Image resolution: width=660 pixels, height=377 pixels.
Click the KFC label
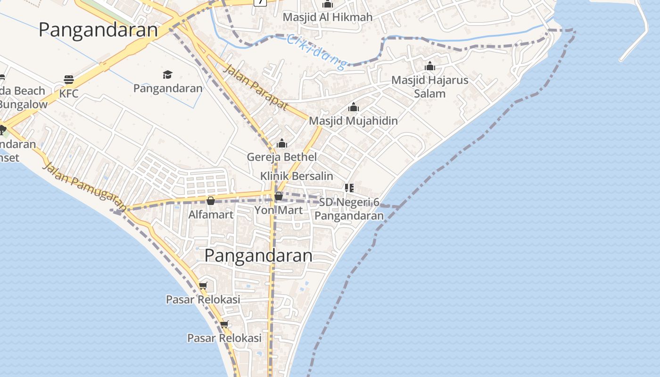tap(69, 93)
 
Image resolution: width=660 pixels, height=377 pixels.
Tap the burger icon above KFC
tap(69, 79)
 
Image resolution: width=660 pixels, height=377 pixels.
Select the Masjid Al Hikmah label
tap(328, 17)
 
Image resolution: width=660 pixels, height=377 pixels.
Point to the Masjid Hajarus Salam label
tap(430, 87)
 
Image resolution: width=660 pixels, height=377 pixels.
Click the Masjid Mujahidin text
tap(353, 121)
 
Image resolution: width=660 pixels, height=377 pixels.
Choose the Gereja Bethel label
tap(282, 157)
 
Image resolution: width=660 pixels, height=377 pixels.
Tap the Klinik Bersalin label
tap(297, 176)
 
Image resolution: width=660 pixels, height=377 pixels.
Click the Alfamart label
tap(211, 215)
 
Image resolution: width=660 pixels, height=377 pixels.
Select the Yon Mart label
tap(279, 210)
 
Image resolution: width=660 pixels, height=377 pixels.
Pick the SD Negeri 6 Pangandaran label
tap(349, 209)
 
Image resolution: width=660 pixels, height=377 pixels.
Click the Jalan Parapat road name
tap(255, 88)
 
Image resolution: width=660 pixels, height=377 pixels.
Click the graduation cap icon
tap(167, 74)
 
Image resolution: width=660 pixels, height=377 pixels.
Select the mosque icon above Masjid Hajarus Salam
tap(430, 66)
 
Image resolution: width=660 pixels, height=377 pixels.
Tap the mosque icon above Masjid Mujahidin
tap(353, 107)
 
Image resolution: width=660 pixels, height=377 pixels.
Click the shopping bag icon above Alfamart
tap(211, 201)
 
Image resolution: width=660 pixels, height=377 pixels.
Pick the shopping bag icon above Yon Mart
tap(279, 196)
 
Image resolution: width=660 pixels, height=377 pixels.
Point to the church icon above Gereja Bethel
tap(282, 143)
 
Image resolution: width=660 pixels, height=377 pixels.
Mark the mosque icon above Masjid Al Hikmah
tap(328, 4)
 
